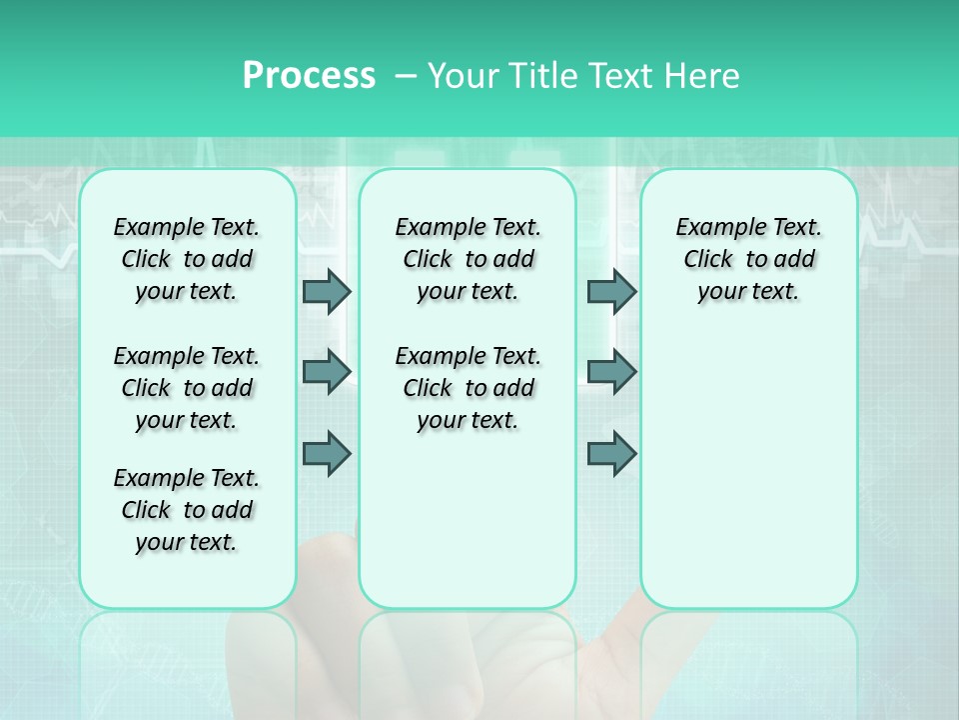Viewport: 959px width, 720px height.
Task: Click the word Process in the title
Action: (x=309, y=75)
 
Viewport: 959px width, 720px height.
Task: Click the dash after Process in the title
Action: (x=405, y=76)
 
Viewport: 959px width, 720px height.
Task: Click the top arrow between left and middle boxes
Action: (x=327, y=291)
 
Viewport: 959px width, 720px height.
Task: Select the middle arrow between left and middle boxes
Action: (x=327, y=372)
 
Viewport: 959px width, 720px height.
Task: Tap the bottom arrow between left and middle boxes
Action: (x=327, y=453)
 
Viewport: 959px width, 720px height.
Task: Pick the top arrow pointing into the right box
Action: (x=611, y=291)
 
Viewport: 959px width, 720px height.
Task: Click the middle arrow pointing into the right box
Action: (x=611, y=372)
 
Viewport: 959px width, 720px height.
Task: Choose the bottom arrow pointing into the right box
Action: (x=611, y=453)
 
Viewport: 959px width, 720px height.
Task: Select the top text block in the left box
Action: (x=187, y=259)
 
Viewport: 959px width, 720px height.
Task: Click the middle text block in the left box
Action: (x=187, y=388)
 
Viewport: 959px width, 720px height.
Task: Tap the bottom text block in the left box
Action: (x=187, y=510)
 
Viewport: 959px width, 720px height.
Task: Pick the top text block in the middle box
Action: (x=468, y=259)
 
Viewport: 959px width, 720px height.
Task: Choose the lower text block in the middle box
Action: (x=468, y=388)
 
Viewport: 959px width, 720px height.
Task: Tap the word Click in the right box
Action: (x=708, y=259)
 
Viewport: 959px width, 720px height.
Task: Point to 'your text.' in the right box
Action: (x=748, y=291)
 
